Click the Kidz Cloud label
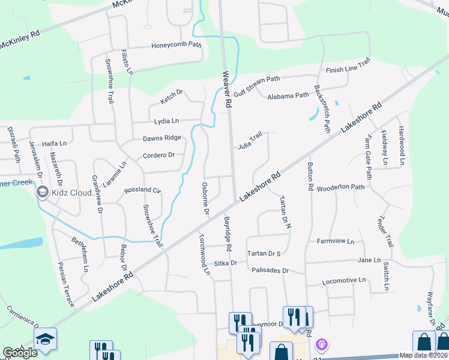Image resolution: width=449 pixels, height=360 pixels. (71, 193)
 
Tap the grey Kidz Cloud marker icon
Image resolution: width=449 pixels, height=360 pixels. (42, 193)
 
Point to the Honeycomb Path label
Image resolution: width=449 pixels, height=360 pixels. (176, 44)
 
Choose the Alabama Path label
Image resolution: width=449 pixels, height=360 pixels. (288, 96)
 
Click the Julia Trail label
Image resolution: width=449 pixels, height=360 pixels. (250, 141)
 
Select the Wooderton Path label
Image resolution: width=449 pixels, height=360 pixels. (341, 187)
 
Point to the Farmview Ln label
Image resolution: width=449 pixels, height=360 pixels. (336, 241)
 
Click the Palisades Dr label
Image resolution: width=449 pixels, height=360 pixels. (270, 271)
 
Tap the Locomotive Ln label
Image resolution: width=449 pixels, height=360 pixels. (344, 280)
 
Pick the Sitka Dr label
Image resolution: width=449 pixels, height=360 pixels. (226, 263)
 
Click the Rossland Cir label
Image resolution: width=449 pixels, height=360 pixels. (143, 190)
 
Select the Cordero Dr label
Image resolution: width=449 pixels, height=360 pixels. (158, 155)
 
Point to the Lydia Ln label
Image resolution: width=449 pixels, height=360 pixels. (167, 121)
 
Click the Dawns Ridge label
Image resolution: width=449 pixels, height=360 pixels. (161, 138)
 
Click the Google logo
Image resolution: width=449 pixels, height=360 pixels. (20, 353)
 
